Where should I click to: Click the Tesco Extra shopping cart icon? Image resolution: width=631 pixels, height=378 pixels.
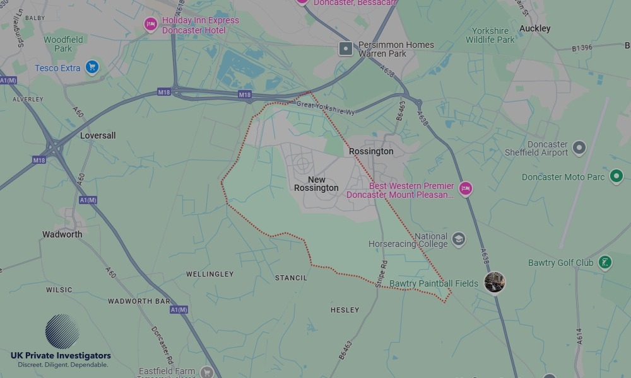pyautogui.click(x=92, y=67)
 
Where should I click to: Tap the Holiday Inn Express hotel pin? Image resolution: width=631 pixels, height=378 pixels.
pyautogui.click(x=151, y=25)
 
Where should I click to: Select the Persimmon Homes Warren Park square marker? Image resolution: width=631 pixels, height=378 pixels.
pyautogui.click(x=346, y=49)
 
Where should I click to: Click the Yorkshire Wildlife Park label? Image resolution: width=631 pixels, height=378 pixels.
pyautogui.click(x=490, y=35)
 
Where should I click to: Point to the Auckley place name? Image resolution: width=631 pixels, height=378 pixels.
pyautogui.click(x=534, y=28)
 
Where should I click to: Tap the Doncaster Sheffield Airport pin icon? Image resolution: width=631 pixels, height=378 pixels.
pyautogui.click(x=579, y=148)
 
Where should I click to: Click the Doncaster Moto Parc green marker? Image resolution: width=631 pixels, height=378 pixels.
pyautogui.click(x=616, y=176)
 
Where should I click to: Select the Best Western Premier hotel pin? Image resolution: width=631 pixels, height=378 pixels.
pyautogui.click(x=466, y=189)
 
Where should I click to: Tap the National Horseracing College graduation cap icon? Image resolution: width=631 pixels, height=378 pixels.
pyautogui.click(x=459, y=239)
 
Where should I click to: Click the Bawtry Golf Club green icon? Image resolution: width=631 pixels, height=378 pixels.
pyautogui.click(x=604, y=262)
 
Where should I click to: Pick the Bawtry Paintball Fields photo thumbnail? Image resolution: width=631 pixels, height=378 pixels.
pyautogui.click(x=495, y=282)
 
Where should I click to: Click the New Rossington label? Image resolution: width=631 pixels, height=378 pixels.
pyautogui.click(x=316, y=184)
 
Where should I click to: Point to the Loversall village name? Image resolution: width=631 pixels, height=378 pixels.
pyautogui.click(x=98, y=135)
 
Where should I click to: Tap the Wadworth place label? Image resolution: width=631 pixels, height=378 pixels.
pyautogui.click(x=62, y=234)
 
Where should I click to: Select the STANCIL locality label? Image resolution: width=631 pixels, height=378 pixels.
pyautogui.click(x=291, y=278)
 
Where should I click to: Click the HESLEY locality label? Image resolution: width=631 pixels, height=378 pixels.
pyautogui.click(x=345, y=310)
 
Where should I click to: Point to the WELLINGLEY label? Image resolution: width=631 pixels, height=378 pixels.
pyautogui.click(x=209, y=274)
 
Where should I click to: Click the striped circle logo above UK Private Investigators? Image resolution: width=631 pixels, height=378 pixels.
pyautogui.click(x=62, y=331)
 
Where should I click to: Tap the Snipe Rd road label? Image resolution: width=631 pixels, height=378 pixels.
pyautogui.click(x=380, y=274)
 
